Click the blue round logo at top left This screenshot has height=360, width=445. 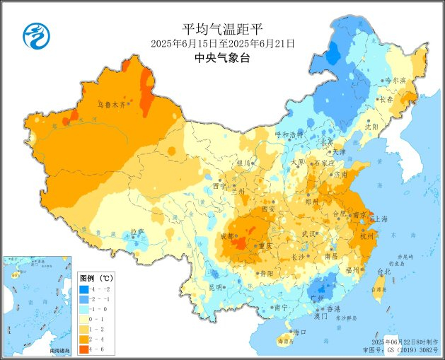[33, 33]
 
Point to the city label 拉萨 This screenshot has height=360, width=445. [137, 232]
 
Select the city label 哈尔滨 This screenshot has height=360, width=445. [395, 81]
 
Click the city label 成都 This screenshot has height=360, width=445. [228, 236]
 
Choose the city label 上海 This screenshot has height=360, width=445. [379, 219]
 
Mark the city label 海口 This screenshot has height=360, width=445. [299, 332]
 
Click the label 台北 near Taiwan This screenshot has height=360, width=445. [383, 272]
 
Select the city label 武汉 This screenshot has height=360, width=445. [308, 234]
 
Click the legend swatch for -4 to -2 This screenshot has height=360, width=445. [83, 290]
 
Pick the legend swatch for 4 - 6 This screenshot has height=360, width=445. [83, 349]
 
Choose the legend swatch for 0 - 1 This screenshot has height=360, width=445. [83, 320]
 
